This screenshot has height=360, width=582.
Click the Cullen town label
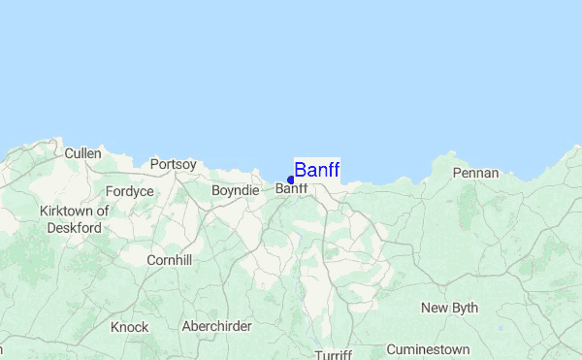[82, 153]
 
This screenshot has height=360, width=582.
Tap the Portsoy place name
[173, 164]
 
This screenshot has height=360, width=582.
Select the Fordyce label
[130, 191]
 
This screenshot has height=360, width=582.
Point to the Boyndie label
[235, 190]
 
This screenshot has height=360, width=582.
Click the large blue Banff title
[317, 171]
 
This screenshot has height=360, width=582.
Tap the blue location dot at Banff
[291, 180]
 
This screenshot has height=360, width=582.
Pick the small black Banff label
[292, 189]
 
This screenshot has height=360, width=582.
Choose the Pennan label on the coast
[475, 173]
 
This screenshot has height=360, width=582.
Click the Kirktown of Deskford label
[74, 219]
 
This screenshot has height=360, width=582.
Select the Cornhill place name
[169, 260]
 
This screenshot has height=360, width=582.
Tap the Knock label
[129, 327]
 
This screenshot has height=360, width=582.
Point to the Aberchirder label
[216, 326]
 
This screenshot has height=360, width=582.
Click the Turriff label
[333, 354]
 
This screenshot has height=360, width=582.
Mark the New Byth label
[449, 308]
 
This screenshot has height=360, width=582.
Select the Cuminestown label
[428, 349]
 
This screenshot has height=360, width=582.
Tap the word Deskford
[74, 228]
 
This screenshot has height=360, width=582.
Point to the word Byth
[464, 308]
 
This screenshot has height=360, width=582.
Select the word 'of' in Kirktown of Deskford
[103, 211]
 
